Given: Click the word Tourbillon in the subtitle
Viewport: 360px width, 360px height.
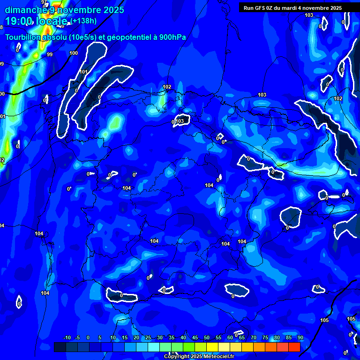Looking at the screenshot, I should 24,37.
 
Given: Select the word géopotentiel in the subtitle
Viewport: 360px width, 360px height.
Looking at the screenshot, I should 127,37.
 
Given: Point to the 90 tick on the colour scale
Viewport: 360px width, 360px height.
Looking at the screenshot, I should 300,338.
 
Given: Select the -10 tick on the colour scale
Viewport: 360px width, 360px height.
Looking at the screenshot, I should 67,338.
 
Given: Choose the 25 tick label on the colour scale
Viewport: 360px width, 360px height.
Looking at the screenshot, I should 148,338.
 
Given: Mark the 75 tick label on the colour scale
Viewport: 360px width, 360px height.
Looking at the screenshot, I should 265,338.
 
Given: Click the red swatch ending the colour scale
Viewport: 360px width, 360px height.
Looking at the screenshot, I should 294,347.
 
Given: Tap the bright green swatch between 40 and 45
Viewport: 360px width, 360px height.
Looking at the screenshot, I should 189,347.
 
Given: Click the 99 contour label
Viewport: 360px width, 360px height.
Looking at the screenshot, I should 50,55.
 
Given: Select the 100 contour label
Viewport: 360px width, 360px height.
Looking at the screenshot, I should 74,53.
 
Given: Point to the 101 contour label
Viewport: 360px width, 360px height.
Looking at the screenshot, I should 83,72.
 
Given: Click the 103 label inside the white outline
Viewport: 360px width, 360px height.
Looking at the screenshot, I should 180,121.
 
